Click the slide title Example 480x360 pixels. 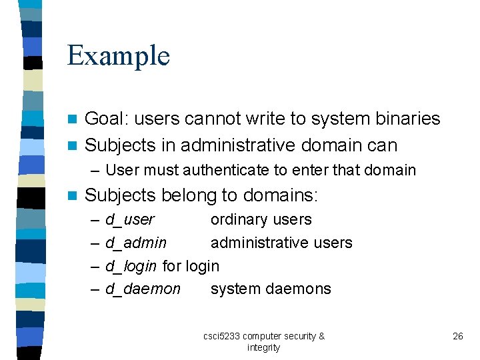pyautogui.click(x=119, y=56)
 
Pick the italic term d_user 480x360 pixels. pyautogui.click(x=129, y=219)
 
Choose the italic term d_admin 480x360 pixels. pyautogui.click(x=136, y=243)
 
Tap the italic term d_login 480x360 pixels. pyautogui.click(x=131, y=266)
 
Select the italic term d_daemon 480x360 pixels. pyautogui.click(x=143, y=289)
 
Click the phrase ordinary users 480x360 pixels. pyautogui.click(x=261, y=219)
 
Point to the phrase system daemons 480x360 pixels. pyautogui.click(x=271, y=289)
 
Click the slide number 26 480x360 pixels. pyautogui.click(x=457, y=336)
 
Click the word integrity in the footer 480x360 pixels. pyautogui.click(x=263, y=347)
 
